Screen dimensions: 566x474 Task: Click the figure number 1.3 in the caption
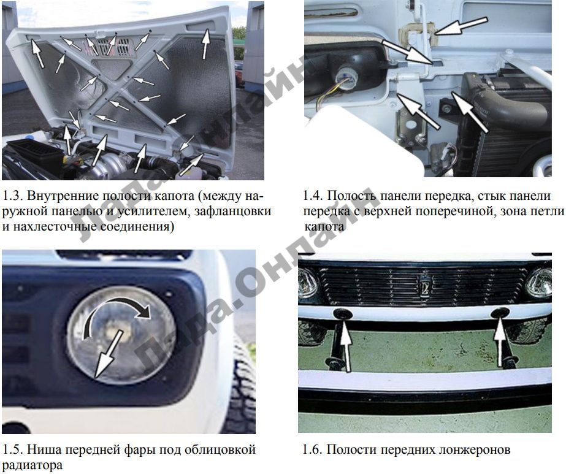coord(13,196)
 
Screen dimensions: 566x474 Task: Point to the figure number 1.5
coord(13,450)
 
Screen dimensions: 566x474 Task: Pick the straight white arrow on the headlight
coord(108,354)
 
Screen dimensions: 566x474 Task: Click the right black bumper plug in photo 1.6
coord(500,313)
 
